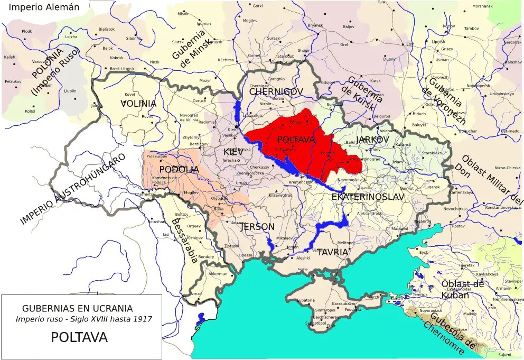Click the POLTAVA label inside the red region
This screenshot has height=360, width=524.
coord(296,140)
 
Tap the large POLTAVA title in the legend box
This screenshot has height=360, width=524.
coord(79,337)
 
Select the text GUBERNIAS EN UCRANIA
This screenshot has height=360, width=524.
coord(77,308)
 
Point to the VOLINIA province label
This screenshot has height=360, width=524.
coord(138,104)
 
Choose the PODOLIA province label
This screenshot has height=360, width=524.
coord(179,169)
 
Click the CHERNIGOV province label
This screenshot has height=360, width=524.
coord(276,91)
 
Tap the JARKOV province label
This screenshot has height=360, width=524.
coord(372,139)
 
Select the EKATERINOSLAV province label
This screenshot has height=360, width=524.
coord(368,197)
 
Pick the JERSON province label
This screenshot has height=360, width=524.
coord(257,227)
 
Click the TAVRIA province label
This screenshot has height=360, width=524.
coord(332,252)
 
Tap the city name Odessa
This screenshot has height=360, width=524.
coord(245,255)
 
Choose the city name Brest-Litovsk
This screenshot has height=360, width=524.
coord(122,69)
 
